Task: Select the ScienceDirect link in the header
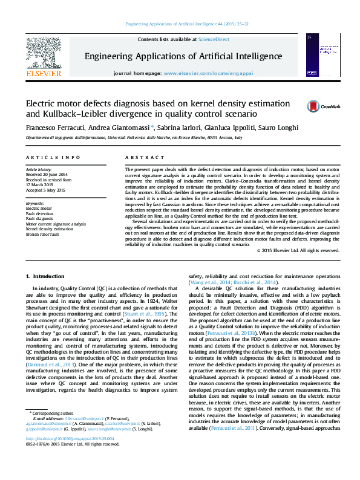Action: click(214, 39)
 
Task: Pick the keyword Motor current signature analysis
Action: click(56, 224)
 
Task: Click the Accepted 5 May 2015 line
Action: click(46, 189)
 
